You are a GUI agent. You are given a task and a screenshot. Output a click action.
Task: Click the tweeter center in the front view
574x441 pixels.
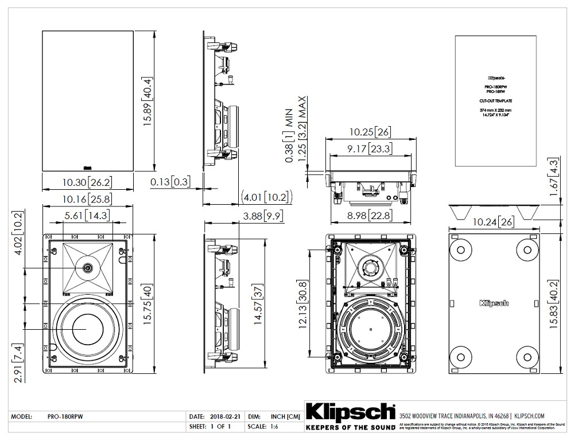88,268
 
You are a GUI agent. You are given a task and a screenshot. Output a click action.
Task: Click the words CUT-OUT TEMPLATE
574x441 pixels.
495,101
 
